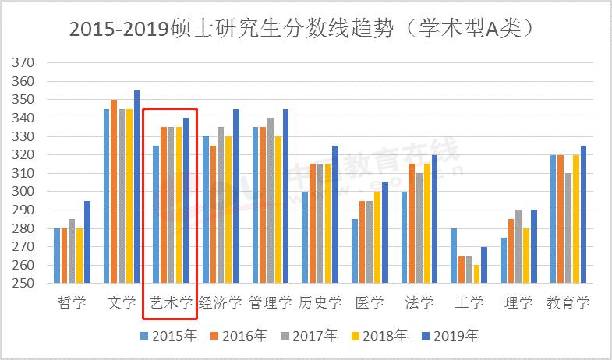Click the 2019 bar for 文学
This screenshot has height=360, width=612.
(136, 187)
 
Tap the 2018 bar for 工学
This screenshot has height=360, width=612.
(476, 274)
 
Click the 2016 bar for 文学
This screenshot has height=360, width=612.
(114, 192)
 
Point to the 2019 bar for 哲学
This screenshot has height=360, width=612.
(87, 242)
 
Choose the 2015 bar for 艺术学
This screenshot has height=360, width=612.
(157, 214)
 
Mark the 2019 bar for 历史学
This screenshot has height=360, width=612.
(335, 214)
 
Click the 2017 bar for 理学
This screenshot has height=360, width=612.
(518, 247)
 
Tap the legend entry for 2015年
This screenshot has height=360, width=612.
(168, 337)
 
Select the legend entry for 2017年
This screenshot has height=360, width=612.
(309, 337)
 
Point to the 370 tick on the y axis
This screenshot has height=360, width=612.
(26, 63)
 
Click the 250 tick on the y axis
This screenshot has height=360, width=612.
(26, 284)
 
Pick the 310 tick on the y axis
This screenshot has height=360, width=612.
(26, 173)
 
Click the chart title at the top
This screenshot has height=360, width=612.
(305, 28)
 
